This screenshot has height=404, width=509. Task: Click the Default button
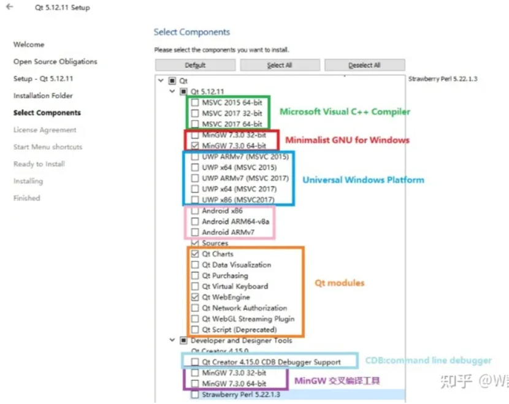[x=195, y=65]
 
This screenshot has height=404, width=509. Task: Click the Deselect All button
[x=364, y=65]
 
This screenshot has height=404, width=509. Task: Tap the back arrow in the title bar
[x=9, y=7]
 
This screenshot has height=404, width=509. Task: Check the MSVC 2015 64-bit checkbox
[x=194, y=102]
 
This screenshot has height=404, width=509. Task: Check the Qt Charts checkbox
[x=194, y=254]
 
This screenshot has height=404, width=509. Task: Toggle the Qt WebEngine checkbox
[x=194, y=297]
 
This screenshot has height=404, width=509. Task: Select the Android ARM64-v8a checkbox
[x=194, y=221]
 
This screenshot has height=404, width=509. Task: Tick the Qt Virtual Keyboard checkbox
[x=194, y=286]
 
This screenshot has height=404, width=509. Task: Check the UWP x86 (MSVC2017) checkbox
[x=194, y=200]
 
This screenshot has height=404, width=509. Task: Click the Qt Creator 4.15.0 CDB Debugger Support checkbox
[x=194, y=362]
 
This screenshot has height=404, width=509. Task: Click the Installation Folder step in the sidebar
[x=43, y=96]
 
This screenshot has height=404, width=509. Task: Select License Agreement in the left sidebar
[x=45, y=130]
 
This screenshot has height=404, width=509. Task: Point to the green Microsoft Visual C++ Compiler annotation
[x=345, y=112]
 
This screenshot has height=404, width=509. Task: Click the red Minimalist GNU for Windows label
[x=346, y=140]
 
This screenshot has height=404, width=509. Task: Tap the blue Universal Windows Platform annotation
[x=363, y=180]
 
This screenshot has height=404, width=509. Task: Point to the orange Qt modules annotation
[x=339, y=283]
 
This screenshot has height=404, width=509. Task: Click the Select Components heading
[x=191, y=32]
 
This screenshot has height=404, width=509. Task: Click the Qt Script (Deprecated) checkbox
[x=194, y=330]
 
